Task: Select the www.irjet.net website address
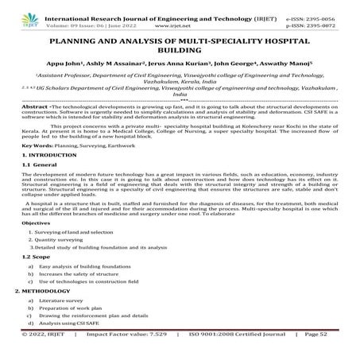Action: coord(185,14)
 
